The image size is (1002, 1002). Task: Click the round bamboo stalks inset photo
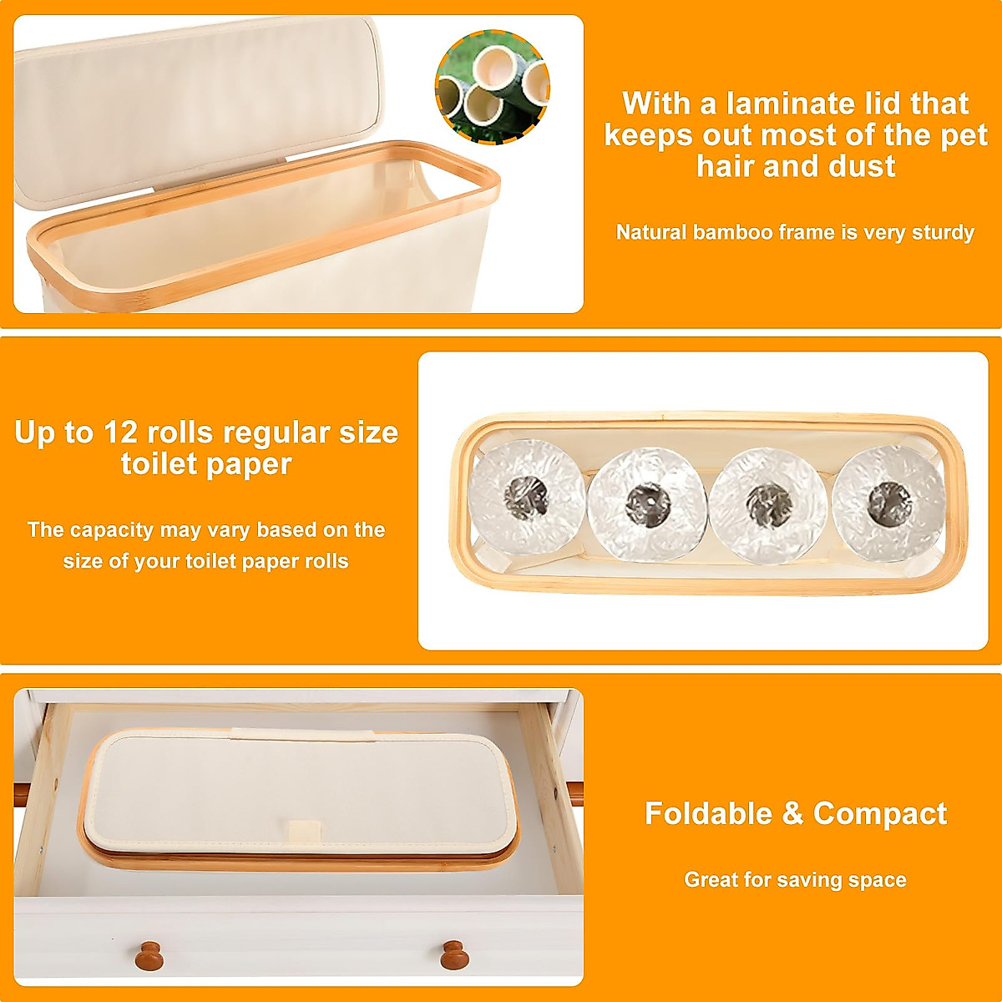tap(492, 86)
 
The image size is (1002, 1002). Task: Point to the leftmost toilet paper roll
tap(527, 497)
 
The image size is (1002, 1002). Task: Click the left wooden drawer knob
tap(149, 954)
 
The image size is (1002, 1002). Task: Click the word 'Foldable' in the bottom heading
tap(708, 813)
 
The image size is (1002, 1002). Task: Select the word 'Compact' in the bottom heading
tap(880, 813)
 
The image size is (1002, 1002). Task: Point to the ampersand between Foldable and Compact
tap(792, 813)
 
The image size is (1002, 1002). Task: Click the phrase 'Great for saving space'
tap(795, 879)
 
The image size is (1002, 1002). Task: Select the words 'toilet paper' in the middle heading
tap(206, 464)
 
